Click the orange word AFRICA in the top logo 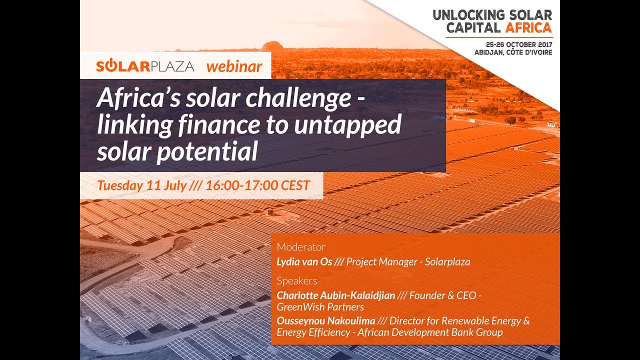pos(528,27)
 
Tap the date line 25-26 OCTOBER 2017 pos(519,44)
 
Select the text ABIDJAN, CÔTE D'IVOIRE pos(513,52)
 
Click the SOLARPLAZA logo pos(145,66)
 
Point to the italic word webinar pos(234,66)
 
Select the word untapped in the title pos(347,125)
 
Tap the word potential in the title pos(207,151)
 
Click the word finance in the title pos(219,124)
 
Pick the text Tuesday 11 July pos(142,185)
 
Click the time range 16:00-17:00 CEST pos(257,185)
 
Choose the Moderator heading pos(301,247)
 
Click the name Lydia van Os pos(304,261)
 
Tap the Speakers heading pos(297,281)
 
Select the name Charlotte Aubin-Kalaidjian pos(335,295)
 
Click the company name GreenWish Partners pos(320,307)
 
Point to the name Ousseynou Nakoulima pos(325,321)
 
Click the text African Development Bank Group pos(430,332)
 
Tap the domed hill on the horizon pos(272,45)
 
